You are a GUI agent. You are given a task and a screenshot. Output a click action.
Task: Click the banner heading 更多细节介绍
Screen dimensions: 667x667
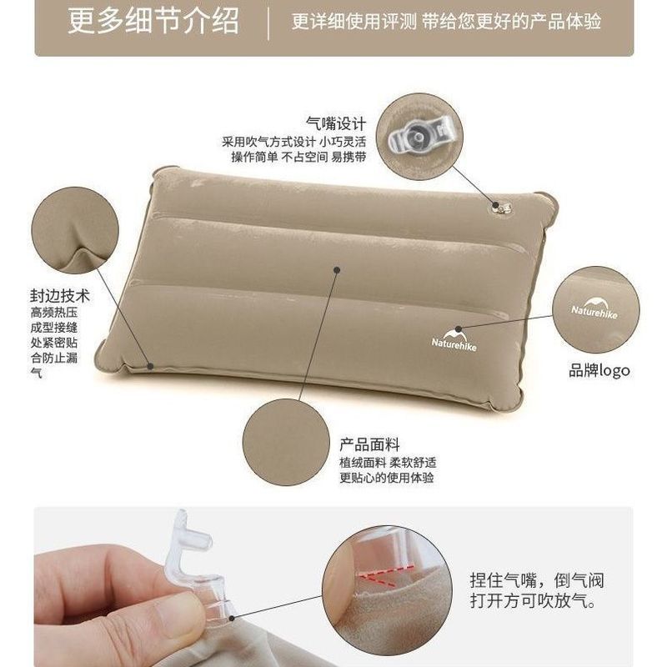[x=153, y=21]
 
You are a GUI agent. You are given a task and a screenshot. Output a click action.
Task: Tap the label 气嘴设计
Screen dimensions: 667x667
[x=336, y=123]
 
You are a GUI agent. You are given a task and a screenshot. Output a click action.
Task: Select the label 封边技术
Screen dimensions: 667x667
[x=60, y=296]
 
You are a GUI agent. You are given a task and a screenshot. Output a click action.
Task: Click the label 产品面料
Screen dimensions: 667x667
[x=369, y=445]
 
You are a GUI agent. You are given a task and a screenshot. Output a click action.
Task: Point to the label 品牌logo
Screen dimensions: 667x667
[x=599, y=370]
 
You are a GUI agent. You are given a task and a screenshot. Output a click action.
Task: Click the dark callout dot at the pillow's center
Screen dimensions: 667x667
[x=337, y=269]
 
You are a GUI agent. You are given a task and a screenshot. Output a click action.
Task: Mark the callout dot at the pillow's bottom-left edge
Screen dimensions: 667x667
[x=150, y=366]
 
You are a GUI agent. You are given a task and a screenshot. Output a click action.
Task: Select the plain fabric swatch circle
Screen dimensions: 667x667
[x=286, y=442]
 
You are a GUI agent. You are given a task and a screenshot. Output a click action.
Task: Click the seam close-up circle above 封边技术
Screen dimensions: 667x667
[x=75, y=230]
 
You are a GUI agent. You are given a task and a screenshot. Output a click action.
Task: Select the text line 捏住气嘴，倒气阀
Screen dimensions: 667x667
[x=537, y=580]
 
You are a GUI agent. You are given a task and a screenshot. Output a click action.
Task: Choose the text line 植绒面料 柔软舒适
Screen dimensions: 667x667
[x=388, y=463]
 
